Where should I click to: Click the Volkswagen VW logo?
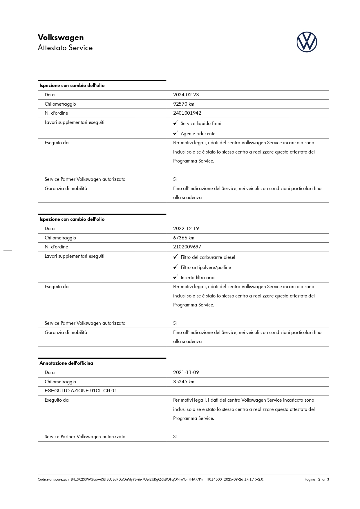pyautogui.click(x=307, y=42)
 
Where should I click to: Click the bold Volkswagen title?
pyautogui.click(x=61, y=37)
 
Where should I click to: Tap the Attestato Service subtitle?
pyautogui.click(x=65, y=48)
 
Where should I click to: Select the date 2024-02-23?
pyautogui.click(x=186, y=95)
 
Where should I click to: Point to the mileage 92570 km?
pyautogui.click(x=184, y=104)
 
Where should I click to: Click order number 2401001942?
pyautogui.click(x=187, y=113)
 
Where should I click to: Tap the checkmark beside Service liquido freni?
pyautogui.click(x=176, y=123)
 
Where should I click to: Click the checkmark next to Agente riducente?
pyautogui.click(x=176, y=133)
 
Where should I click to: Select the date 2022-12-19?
pyautogui.click(x=186, y=229)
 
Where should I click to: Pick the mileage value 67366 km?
pyautogui.click(x=184, y=238)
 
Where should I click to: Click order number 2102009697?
pyautogui.click(x=187, y=247)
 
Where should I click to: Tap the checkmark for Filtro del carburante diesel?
pyautogui.click(x=176, y=257)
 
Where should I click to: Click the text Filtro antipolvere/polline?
pyautogui.click(x=206, y=267)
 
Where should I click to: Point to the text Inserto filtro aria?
pyautogui.click(x=197, y=277)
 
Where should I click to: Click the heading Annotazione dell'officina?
pyautogui.click(x=66, y=363)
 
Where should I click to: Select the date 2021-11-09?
pyautogui.click(x=186, y=372)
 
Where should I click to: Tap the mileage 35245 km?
pyautogui.click(x=184, y=382)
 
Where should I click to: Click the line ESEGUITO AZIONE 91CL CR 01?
pyautogui.click(x=81, y=391)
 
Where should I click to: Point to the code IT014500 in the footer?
pyautogui.click(x=214, y=479)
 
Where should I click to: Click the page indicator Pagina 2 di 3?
pyautogui.click(x=316, y=479)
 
